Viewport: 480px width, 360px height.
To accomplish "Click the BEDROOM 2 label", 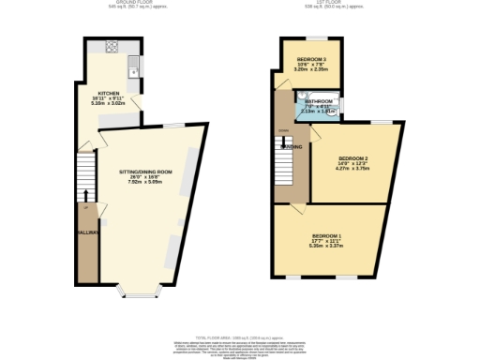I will (x=352, y=158).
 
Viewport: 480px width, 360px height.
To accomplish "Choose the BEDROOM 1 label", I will (x=327, y=234).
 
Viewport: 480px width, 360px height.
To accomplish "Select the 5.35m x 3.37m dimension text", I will (x=327, y=247).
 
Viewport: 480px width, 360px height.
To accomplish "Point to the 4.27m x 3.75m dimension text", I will (x=352, y=170).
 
